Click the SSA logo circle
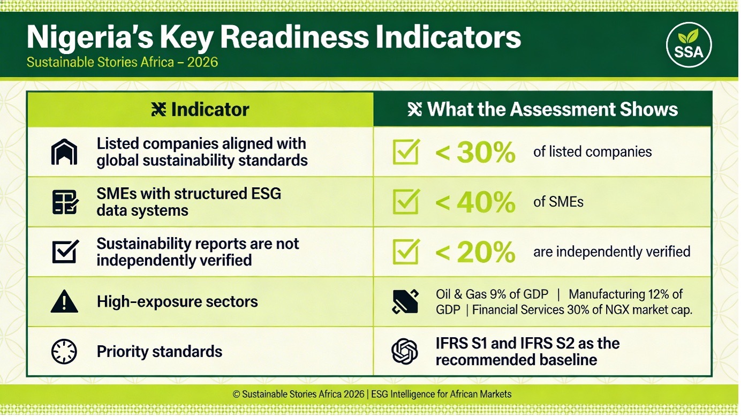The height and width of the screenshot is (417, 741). [689, 45]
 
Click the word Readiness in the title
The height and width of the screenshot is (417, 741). [294, 37]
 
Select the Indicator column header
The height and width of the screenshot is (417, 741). [200, 109]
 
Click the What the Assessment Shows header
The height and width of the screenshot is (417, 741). [542, 109]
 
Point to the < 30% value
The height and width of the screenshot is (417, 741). [475, 153]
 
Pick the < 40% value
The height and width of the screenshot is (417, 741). [475, 202]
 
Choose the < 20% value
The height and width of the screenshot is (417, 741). [475, 252]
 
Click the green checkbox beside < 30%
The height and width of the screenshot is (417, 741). [406, 152]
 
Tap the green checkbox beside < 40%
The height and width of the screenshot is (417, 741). [406, 201]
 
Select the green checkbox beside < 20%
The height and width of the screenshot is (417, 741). [406, 252]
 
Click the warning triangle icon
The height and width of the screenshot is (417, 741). [64, 301]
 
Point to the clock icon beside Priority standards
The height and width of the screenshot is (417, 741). [64, 352]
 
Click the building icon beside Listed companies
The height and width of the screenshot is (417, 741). [64, 152]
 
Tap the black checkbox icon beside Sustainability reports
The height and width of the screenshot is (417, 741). [65, 252]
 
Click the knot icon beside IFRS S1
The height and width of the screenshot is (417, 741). [405, 351]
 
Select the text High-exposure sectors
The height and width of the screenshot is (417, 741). [177, 301]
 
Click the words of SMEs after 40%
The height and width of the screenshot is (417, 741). [558, 202]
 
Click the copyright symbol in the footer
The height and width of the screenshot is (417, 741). [236, 394]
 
